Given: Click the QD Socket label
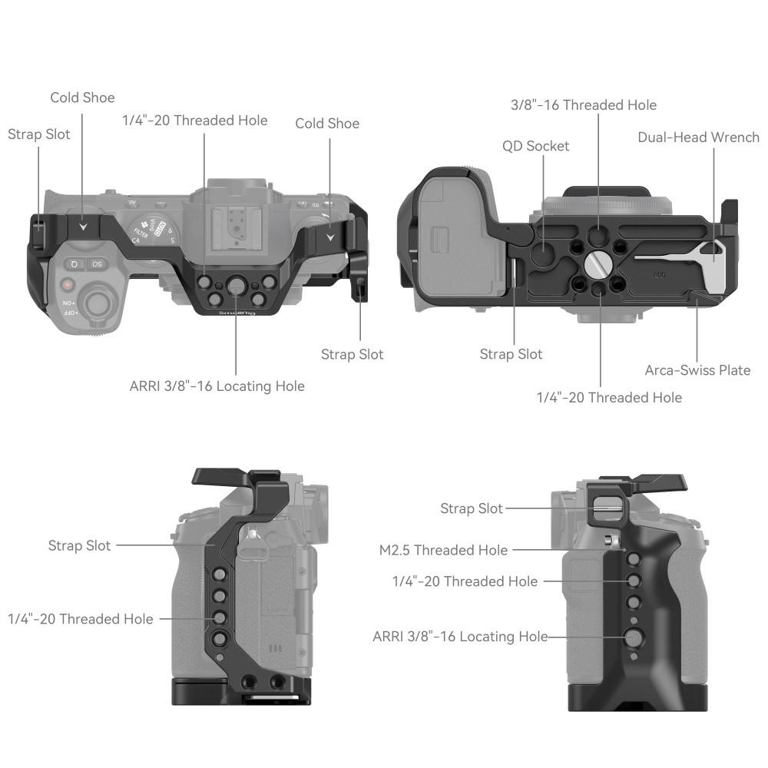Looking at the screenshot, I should coord(536,146).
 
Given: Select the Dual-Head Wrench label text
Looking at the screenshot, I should coord(698,137).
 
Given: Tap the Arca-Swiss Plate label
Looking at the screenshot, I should coord(697,370).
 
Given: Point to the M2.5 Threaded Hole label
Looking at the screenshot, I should coord(443,550).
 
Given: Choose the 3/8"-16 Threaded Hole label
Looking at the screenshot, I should coord(584,104).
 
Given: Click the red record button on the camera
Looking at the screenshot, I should coord(68,284).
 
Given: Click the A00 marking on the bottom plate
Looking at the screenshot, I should coord(659,273).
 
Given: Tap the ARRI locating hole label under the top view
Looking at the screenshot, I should coord(217,386).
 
